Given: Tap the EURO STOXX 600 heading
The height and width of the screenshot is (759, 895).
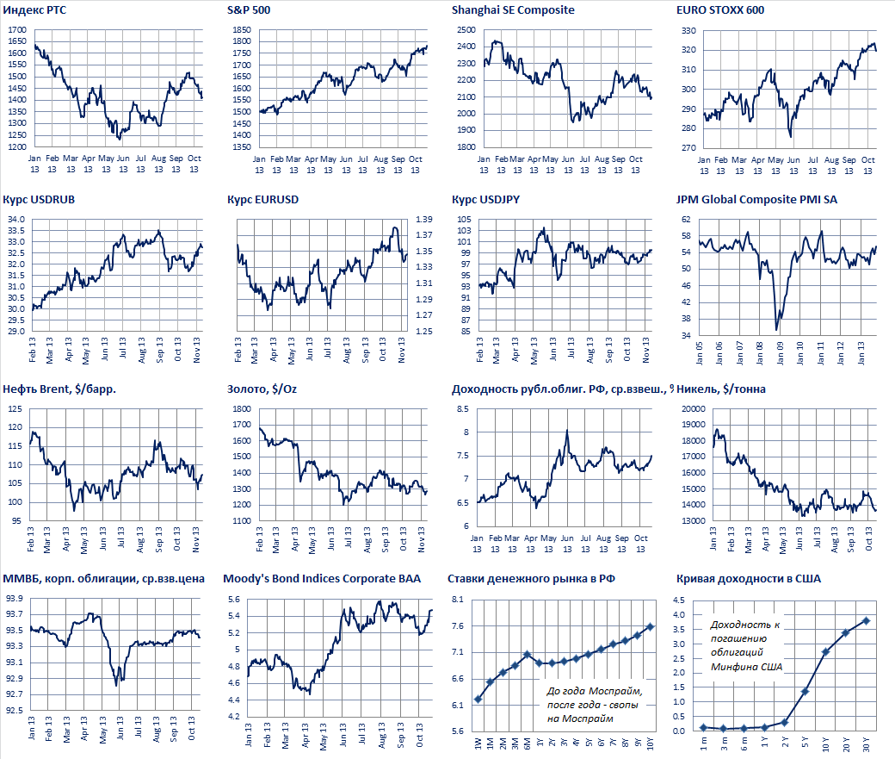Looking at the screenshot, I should click(720, 10).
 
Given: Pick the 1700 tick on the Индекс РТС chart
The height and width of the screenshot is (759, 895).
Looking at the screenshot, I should click(16, 29).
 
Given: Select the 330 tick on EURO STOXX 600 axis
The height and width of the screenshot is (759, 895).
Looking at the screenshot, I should click(689, 30).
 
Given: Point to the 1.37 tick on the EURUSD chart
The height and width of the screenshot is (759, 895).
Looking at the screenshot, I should click(423, 220).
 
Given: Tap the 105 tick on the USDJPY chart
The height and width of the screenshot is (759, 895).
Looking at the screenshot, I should click(465, 220).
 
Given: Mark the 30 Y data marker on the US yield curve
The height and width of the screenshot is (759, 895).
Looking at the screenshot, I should click(866, 620).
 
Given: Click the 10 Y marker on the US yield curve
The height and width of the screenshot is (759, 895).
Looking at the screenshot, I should click(825, 651).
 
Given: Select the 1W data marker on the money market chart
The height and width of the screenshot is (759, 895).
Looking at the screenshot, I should click(478, 699).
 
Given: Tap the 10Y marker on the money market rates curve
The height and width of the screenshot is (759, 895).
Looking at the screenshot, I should click(650, 626).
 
